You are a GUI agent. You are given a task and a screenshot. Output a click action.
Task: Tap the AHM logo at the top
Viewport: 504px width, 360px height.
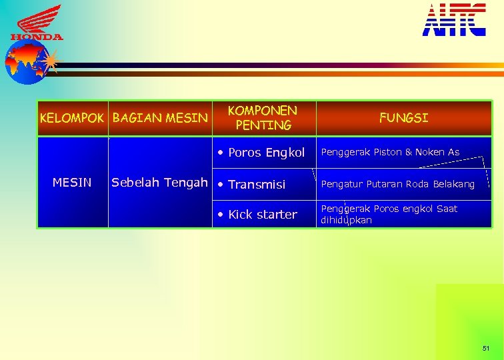click(454, 19)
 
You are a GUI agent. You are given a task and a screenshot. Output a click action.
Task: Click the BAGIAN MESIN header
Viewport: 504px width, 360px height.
click(161, 119)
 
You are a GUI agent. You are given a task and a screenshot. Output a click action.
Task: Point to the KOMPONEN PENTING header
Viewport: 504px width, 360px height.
click(263, 117)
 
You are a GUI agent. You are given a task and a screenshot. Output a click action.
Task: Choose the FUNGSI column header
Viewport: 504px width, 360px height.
click(403, 118)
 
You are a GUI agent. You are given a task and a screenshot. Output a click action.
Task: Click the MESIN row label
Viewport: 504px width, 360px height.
click(72, 182)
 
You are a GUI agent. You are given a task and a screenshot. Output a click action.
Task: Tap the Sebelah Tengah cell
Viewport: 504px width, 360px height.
click(159, 182)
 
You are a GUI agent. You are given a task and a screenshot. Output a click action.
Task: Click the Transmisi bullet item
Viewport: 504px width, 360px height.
click(257, 184)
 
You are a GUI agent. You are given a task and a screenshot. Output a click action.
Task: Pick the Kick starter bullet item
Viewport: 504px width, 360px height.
click(262, 215)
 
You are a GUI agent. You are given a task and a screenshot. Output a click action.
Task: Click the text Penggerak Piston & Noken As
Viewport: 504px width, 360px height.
click(390, 152)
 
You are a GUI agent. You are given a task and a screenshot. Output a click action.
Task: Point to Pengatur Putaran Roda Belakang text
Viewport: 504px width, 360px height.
click(397, 184)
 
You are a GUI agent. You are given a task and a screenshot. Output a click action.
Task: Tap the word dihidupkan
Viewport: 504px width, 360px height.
click(346, 220)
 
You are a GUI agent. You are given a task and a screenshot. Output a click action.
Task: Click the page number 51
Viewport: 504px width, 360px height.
click(485, 348)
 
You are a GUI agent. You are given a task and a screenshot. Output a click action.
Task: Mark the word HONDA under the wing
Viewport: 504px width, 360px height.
click(37, 37)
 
